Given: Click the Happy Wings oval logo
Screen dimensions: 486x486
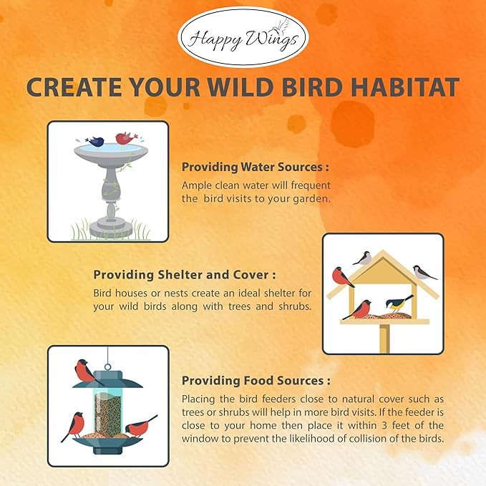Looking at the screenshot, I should pos(243,37).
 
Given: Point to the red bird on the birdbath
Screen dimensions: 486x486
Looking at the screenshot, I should pos(126,137).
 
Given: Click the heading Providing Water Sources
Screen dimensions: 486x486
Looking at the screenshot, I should pos(255,167).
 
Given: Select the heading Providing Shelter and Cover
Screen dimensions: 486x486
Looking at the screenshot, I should pos(185,274).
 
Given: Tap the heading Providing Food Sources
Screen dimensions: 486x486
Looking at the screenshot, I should pos(256,381).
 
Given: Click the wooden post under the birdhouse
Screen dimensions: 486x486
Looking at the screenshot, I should pos(384,336).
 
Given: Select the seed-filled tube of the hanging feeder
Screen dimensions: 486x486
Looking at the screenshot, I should pos(108,415).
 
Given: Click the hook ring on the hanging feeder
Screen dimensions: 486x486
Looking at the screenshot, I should pos(108,353).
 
